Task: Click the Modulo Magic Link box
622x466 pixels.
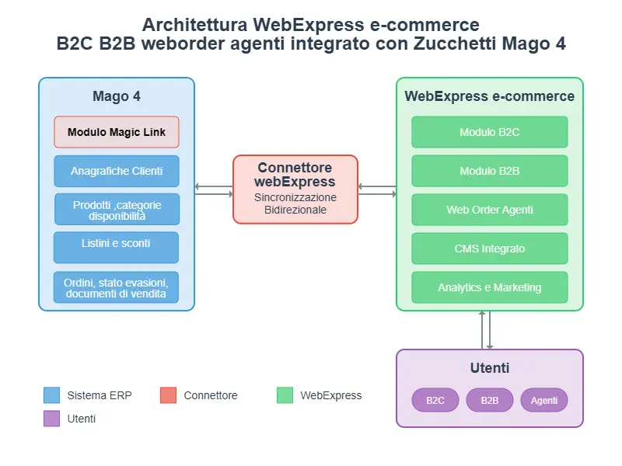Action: pyautogui.click(x=117, y=132)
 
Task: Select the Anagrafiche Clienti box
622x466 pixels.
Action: pyautogui.click(x=117, y=171)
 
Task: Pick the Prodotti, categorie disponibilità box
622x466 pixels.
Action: pyautogui.click(x=117, y=210)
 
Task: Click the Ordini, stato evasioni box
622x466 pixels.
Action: pyautogui.click(x=117, y=287)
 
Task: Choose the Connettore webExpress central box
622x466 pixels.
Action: pyautogui.click(x=295, y=190)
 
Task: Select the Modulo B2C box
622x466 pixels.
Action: pyautogui.click(x=490, y=132)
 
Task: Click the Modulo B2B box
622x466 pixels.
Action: pyautogui.click(x=490, y=171)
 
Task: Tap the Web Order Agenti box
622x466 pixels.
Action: pyautogui.click(x=490, y=210)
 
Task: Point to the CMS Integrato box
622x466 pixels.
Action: pyautogui.click(x=490, y=249)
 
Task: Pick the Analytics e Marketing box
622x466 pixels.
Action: pyautogui.click(x=490, y=287)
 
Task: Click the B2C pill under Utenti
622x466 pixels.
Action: pyautogui.click(x=435, y=400)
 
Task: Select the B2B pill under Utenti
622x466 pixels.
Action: pyautogui.click(x=490, y=400)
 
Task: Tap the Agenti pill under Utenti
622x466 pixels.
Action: pyautogui.click(x=544, y=400)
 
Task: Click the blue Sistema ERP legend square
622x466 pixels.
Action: pyautogui.click(x=52, y=395)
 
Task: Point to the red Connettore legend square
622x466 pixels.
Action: pyautogui.click(x=169, y=395)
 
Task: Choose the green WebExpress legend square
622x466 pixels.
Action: pyautogui.click(x=285, y=395)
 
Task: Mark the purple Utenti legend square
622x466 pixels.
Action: pyautogui.click(x=52, y=419)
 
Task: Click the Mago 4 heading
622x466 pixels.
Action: pyautogui.click(x=117, y=97)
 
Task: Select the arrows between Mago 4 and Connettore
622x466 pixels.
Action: pyautogui.click(x=214, y=190)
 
